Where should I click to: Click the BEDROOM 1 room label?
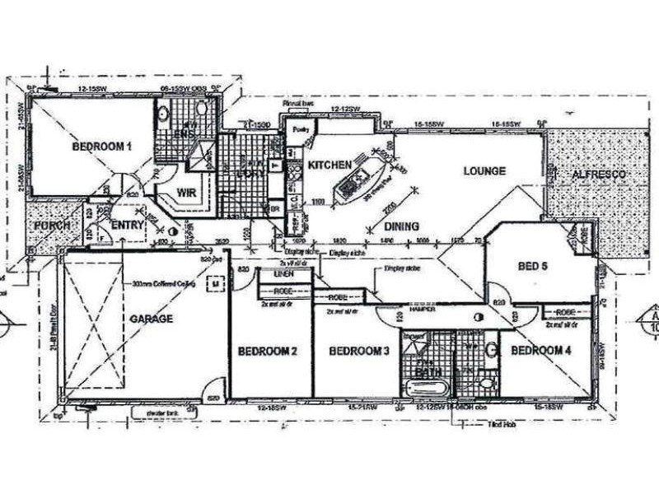point(101,148)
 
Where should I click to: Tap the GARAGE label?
point(152,319)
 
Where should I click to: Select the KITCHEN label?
point(329,165)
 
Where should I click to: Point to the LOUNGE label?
point(484,171)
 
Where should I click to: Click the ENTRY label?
point(128,224)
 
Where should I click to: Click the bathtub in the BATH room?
point(425,387)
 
